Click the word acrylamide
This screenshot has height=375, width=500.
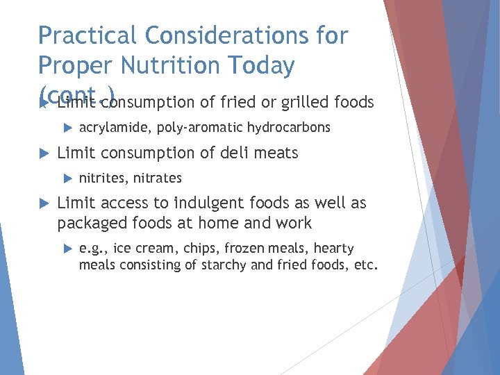tap(116, 128)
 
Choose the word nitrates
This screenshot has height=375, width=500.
tap(157, 178)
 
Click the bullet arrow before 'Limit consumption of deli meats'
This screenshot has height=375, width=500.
tap(42, 153)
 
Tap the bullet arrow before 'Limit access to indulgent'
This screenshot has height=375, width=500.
tap(42, 203)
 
